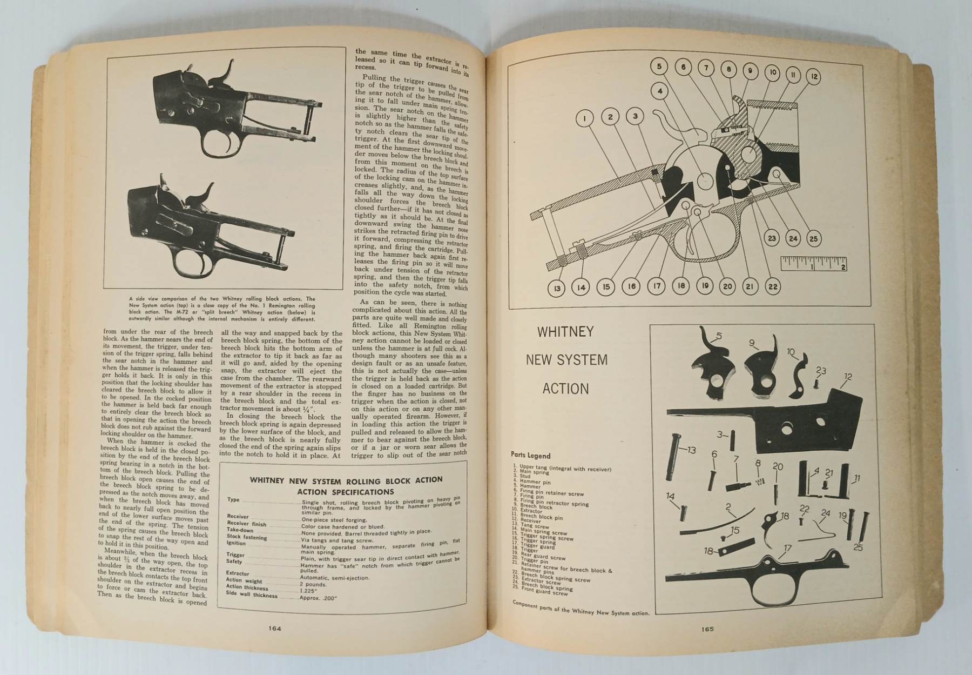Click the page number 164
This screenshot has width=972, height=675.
coord(275,628)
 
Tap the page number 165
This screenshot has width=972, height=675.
coord(707,629)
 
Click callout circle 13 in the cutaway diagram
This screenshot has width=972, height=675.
coord(557,288)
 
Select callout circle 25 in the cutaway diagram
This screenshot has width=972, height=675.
coord(813,238)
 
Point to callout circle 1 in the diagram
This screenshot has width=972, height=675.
coord(585,118)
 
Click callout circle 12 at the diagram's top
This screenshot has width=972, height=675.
coord(813,77)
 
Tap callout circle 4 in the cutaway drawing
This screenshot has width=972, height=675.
coord(660,91)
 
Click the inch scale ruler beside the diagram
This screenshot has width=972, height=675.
coord(814,264)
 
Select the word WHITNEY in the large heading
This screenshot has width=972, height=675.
coord(565,332)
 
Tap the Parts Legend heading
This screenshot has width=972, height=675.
coord(530,455)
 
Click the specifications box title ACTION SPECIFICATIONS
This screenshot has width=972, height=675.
coord(346,492)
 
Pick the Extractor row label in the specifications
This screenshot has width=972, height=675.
coord(238,573)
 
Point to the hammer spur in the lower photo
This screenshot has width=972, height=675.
coord(206,193)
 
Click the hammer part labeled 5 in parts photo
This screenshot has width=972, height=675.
coord(709,364)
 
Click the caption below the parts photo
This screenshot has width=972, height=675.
coord(581,609)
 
